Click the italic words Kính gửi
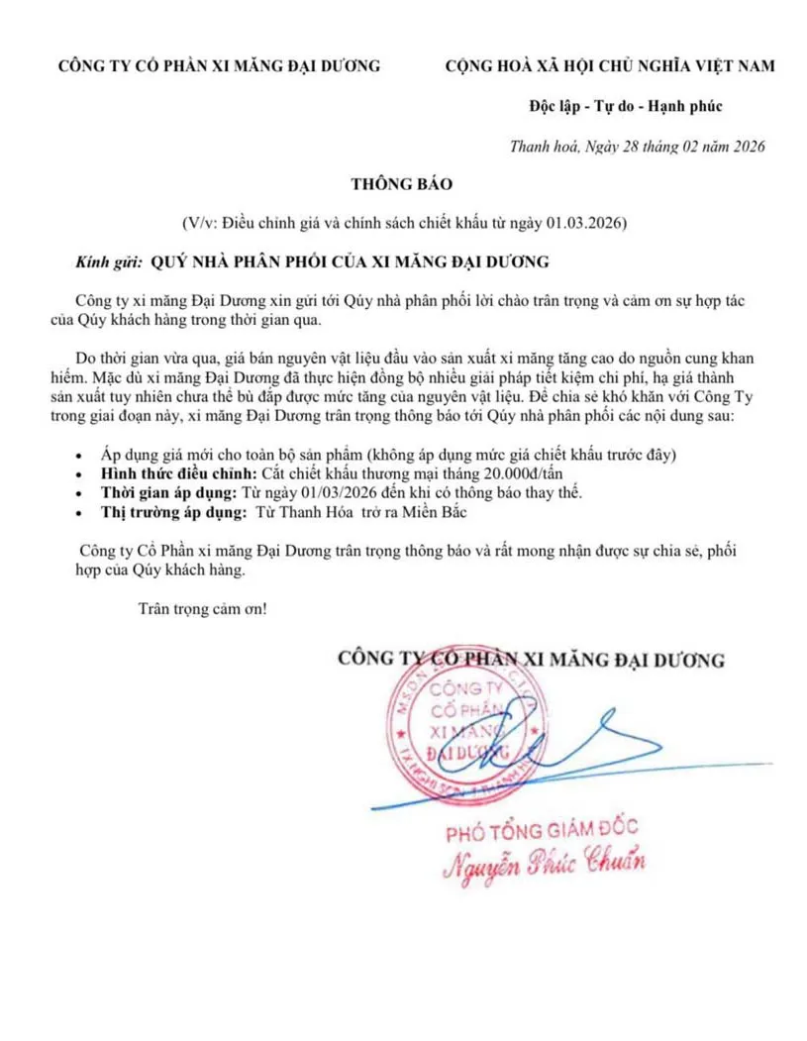pos(105,262)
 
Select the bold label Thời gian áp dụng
pos(168,492)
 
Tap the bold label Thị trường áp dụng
pos(172,512)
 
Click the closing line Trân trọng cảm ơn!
pos(203,608)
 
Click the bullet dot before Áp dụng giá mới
pos(80,456)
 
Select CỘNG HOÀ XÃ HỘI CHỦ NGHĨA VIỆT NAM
pos(609,66)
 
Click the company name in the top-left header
pos(219,66)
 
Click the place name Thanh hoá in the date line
pos(542,147)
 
